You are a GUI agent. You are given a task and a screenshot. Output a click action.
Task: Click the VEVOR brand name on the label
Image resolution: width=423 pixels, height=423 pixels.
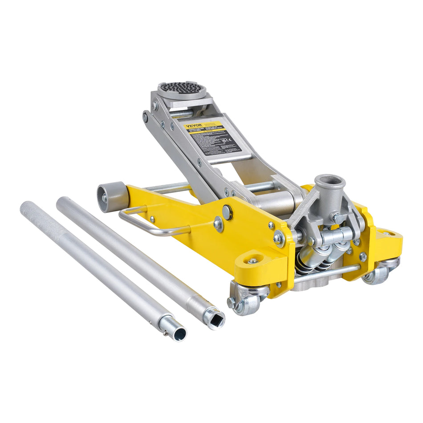[193, 126]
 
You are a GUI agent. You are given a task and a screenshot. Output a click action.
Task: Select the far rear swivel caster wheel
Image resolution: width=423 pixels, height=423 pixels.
[377, 276]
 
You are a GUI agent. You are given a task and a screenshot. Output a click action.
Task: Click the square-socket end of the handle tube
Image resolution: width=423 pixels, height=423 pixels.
[214, 318]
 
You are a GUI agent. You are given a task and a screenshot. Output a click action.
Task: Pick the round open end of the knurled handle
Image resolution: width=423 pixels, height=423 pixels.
[178, 333]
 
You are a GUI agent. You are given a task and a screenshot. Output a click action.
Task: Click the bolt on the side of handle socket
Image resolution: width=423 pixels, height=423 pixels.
[337, 219]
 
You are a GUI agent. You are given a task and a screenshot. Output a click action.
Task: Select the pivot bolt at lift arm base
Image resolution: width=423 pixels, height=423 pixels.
[279, 239]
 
